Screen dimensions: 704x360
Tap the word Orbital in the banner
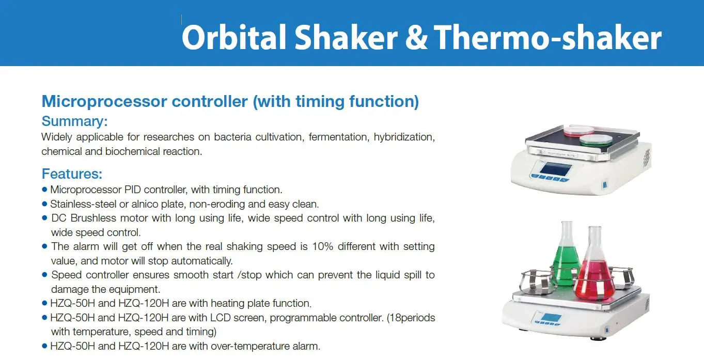[x=234, y=37]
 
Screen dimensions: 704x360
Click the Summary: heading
[x=74, y=121]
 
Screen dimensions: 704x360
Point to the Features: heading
[x=72, y=174]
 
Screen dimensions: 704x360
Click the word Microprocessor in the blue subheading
[x=104, y=102]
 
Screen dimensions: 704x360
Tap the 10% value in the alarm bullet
[x=322, y=246]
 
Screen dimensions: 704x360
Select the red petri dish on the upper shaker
[x=578, y=131]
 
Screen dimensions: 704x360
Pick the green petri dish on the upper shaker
[x=596, y=140]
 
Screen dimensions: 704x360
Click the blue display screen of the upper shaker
[x=555, y=170]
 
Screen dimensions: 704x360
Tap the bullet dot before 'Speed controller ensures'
[x=44, y=274]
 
